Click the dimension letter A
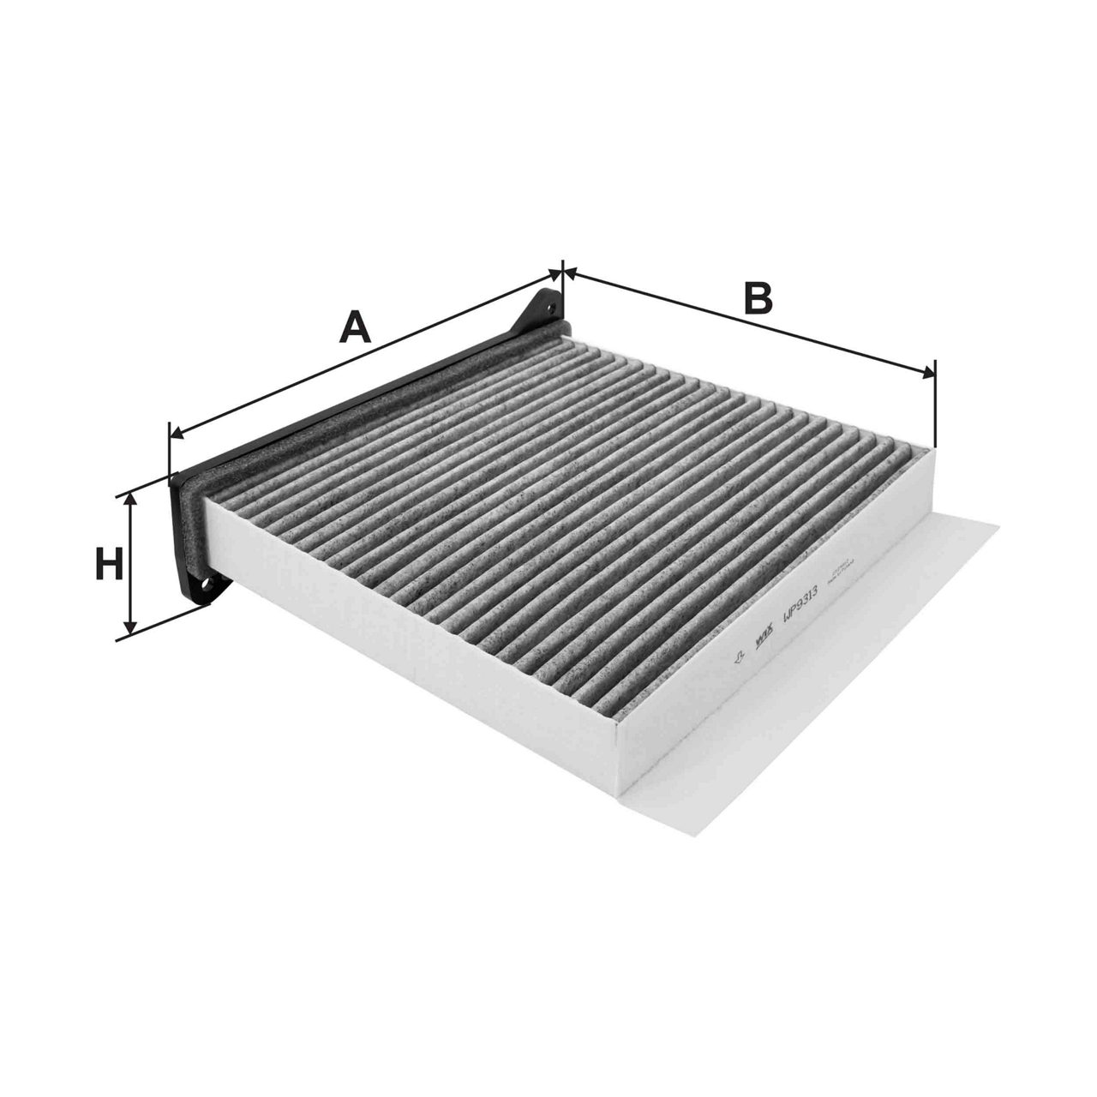point(357,327)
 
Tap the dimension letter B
point(758,298)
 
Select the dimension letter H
point(108,566)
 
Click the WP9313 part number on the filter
point(799,602)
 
